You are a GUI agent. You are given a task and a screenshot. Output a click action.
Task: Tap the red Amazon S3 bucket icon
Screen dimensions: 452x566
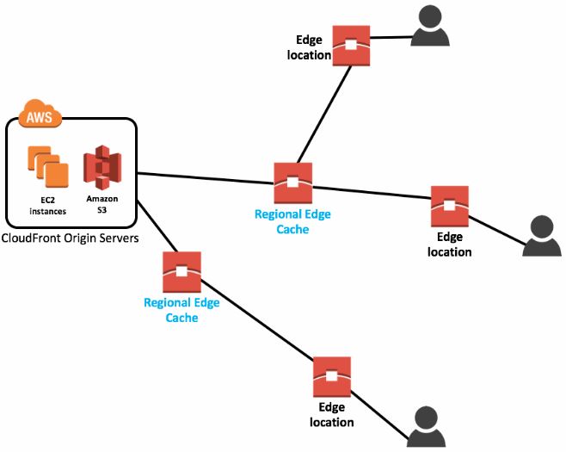[102, 168]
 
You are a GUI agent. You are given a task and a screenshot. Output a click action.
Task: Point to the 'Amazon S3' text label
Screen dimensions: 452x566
[102, 204]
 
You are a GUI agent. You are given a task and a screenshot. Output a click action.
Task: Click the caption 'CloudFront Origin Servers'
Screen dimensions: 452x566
[71, 238]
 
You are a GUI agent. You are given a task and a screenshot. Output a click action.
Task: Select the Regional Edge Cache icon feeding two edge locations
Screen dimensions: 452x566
[293, 183]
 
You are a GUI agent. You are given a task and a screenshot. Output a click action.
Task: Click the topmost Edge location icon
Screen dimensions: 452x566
[352, 46]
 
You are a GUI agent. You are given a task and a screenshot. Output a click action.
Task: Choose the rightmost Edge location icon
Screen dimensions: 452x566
[449, 206]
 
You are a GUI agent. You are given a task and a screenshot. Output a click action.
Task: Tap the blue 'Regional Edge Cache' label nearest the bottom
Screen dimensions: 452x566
[181, 310]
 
